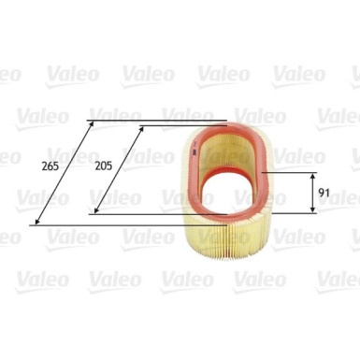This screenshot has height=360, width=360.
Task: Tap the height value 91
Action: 324,194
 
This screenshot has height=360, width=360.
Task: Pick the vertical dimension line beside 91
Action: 312,193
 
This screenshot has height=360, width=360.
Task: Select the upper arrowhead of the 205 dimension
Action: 143,129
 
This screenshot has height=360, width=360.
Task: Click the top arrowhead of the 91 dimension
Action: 312,176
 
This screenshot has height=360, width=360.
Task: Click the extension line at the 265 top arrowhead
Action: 159,120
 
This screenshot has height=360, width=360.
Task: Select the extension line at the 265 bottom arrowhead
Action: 122,223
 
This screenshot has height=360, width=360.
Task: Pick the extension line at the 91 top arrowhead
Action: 290,172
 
